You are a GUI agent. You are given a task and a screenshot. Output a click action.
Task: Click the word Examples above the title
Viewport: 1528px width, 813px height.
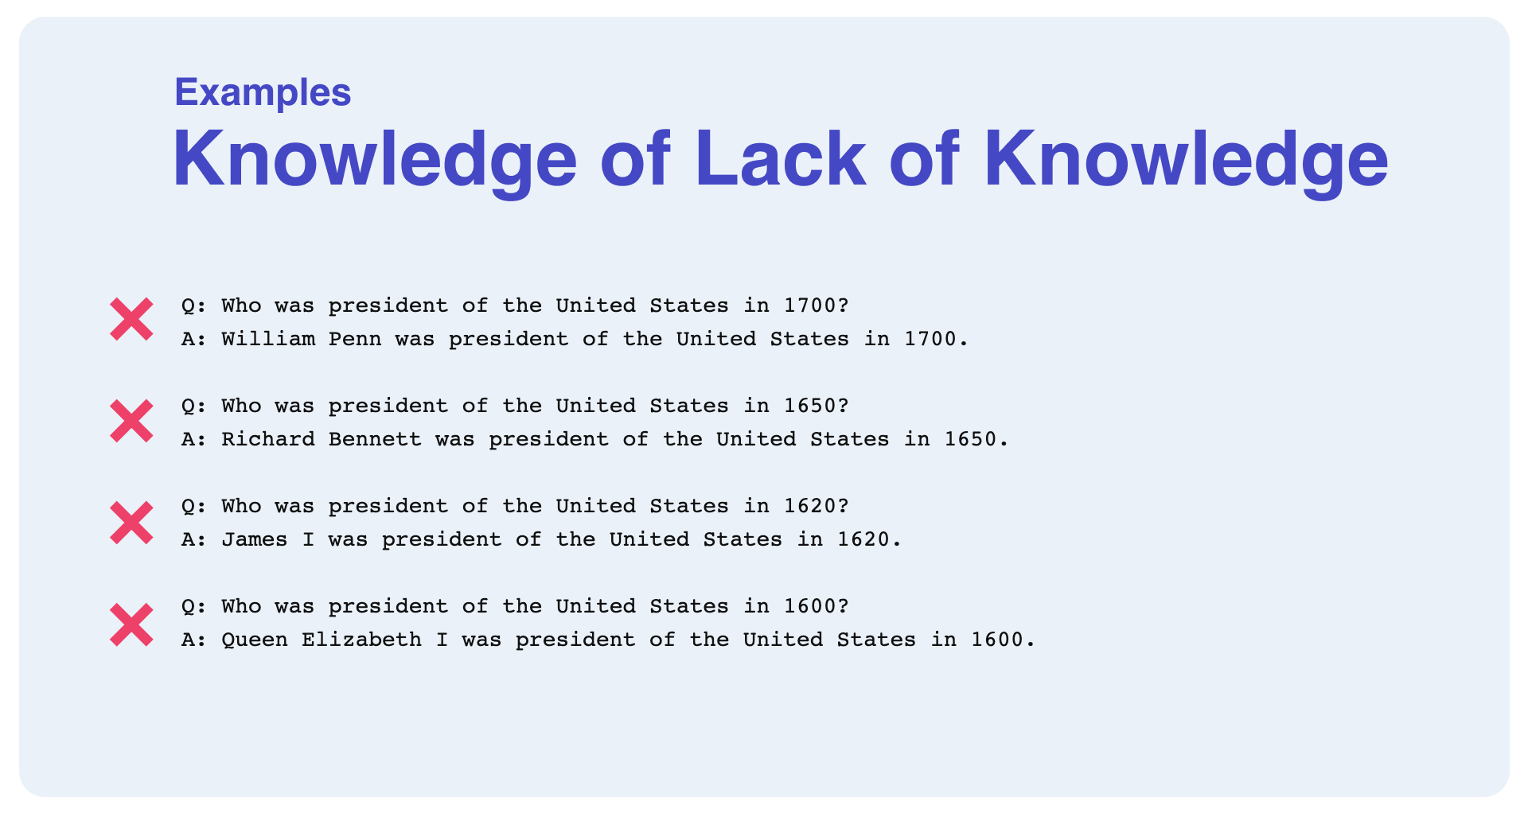coord(263,93)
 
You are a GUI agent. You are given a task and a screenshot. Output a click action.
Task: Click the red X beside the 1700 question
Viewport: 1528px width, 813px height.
coord(131,320)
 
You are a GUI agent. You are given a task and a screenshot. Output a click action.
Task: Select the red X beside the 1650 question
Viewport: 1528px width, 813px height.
coord(131,421)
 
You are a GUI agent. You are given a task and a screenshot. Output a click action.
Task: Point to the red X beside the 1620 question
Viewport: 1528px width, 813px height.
coord(131,523)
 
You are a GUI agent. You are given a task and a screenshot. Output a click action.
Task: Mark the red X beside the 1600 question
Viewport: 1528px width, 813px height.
coord(131,624)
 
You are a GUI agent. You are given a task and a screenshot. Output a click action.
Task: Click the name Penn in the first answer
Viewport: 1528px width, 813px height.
coord(355,339)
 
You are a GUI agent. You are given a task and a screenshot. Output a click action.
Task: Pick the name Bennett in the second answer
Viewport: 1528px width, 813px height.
coord(376,439)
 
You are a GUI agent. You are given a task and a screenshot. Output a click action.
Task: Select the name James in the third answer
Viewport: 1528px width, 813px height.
coord(255,539)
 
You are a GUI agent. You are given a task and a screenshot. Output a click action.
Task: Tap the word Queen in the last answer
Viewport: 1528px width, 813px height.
coord(255,640)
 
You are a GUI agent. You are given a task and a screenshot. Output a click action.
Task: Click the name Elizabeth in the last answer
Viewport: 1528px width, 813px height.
coord(362,640)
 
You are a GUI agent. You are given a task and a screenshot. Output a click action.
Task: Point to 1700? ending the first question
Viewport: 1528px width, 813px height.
coord(817,305)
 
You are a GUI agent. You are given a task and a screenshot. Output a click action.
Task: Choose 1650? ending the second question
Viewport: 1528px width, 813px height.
coord(817,406)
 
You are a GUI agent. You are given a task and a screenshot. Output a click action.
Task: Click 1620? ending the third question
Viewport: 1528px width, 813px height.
coord(817,506)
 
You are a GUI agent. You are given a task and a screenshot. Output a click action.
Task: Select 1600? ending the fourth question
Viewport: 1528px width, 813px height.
coord(817,606)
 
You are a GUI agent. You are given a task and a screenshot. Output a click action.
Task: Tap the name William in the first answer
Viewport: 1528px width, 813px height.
coord(268,339)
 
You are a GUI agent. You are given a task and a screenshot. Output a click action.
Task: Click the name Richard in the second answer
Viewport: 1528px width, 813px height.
coord(268,439)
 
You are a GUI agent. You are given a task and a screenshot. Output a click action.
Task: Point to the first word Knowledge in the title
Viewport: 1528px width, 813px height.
coord(375,161)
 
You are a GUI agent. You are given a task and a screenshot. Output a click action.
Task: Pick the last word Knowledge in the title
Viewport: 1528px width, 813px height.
coord(1187,161)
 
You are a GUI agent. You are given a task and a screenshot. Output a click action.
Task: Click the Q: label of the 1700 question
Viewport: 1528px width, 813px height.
coord(194,305)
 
